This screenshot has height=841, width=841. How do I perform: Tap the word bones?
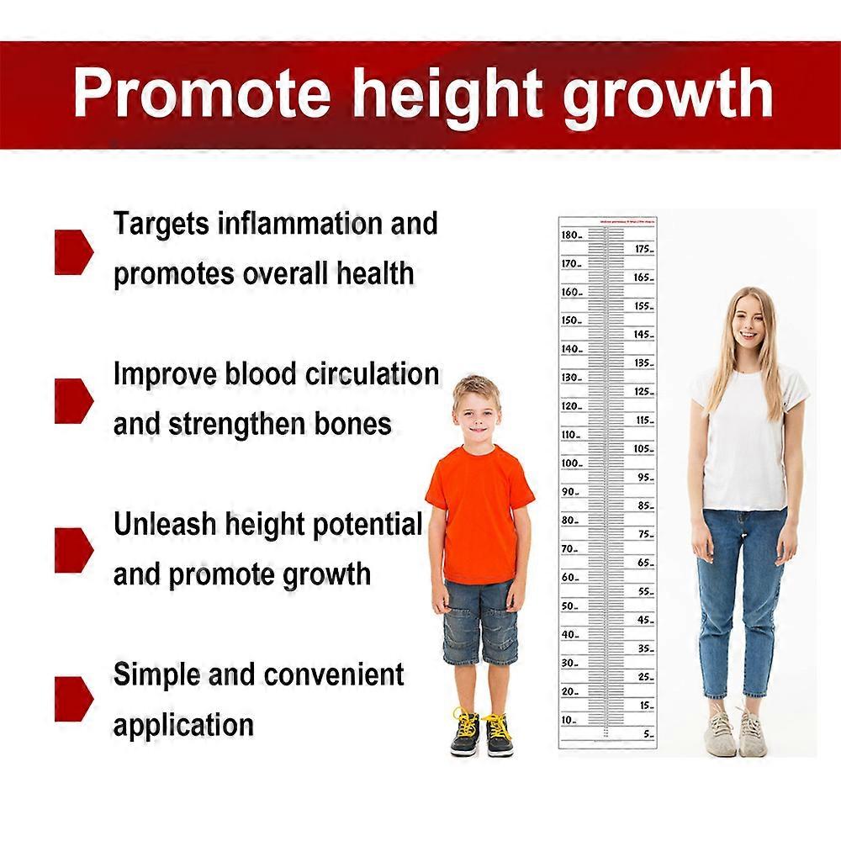click(x=353, y=423)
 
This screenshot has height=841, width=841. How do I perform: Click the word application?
click(x=183, y=724)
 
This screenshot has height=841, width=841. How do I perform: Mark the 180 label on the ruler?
click(x=570, y=235)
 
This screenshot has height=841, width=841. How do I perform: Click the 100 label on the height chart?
click(x=570, y=463)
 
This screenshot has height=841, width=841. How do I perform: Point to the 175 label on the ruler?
click(x=643, y=249)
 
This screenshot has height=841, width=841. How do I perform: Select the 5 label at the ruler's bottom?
click(x=647, y=734)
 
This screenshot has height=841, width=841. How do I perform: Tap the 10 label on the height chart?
click(x=569, y=720)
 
